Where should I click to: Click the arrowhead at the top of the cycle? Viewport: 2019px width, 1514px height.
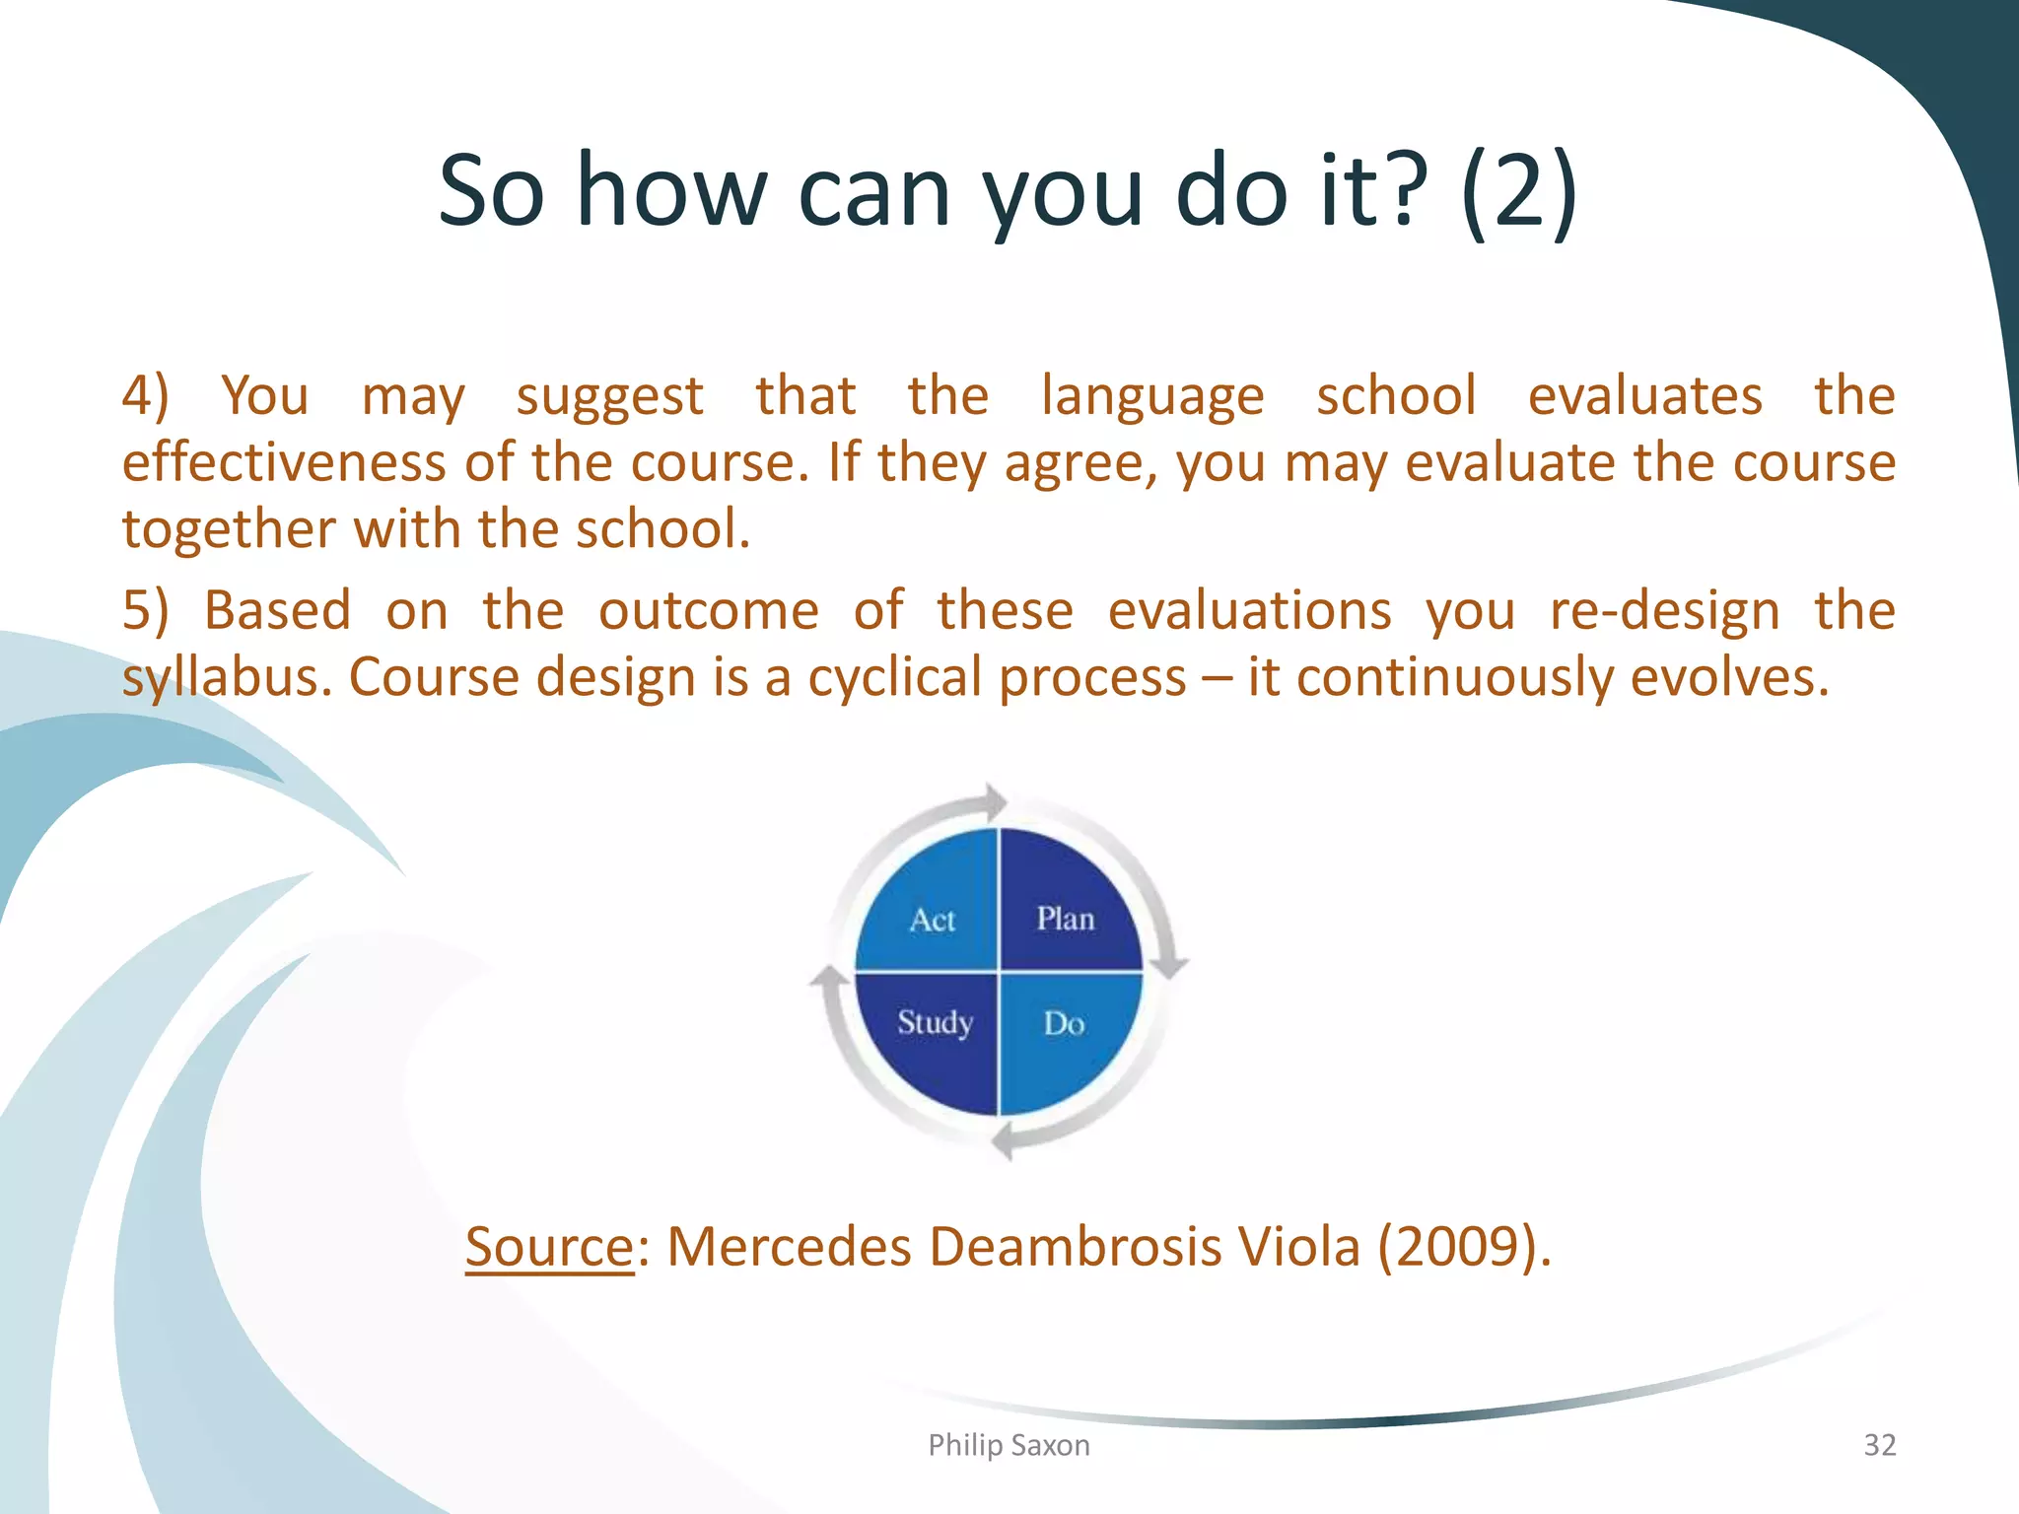point(994,801)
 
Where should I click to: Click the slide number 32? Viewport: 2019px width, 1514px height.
point(1879,1445)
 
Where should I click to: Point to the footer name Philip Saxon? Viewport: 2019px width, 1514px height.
point(1009,1445)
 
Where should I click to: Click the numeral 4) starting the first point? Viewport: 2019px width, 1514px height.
point(145,396)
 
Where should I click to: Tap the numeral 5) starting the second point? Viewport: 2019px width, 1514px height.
point(145,610)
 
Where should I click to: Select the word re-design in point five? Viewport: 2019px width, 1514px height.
point(1664,610)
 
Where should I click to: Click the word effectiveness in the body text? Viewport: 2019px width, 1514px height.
point(284,462)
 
